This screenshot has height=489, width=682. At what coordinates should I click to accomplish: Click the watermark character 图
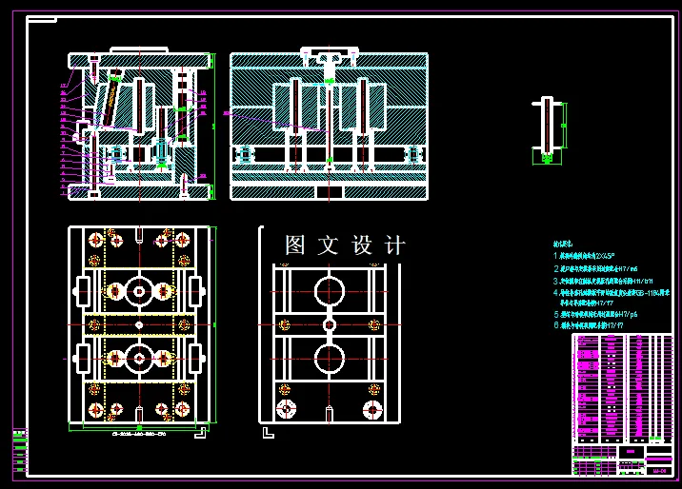click(x=295, y=245)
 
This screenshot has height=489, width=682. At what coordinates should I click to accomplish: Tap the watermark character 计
click(x=393, y=245)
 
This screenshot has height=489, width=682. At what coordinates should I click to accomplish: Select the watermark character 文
click(x=328, y=245)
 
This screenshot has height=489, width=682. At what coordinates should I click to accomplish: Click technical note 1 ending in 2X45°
click(x=586, y=257)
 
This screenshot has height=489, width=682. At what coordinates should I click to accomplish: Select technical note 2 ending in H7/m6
click(x=592, y=269)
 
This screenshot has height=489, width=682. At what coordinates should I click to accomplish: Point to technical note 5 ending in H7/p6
click(x=592, y=313)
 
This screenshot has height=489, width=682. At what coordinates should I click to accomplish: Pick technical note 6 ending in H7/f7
click(x=590, y=324)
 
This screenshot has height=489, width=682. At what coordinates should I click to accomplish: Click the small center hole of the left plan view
click(x=139, y=324)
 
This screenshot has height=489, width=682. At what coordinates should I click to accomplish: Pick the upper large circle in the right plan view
click(x=329, y=288)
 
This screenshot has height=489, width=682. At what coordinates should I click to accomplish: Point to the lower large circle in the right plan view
click(x=329, y=360)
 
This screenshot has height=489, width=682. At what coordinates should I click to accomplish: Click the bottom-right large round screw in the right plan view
click(x=372, y=409)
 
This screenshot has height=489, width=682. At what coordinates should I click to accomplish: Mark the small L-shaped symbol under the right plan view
click(x=268, y=434)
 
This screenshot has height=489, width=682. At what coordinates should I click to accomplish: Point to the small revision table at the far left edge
click(x=19, y=449)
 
